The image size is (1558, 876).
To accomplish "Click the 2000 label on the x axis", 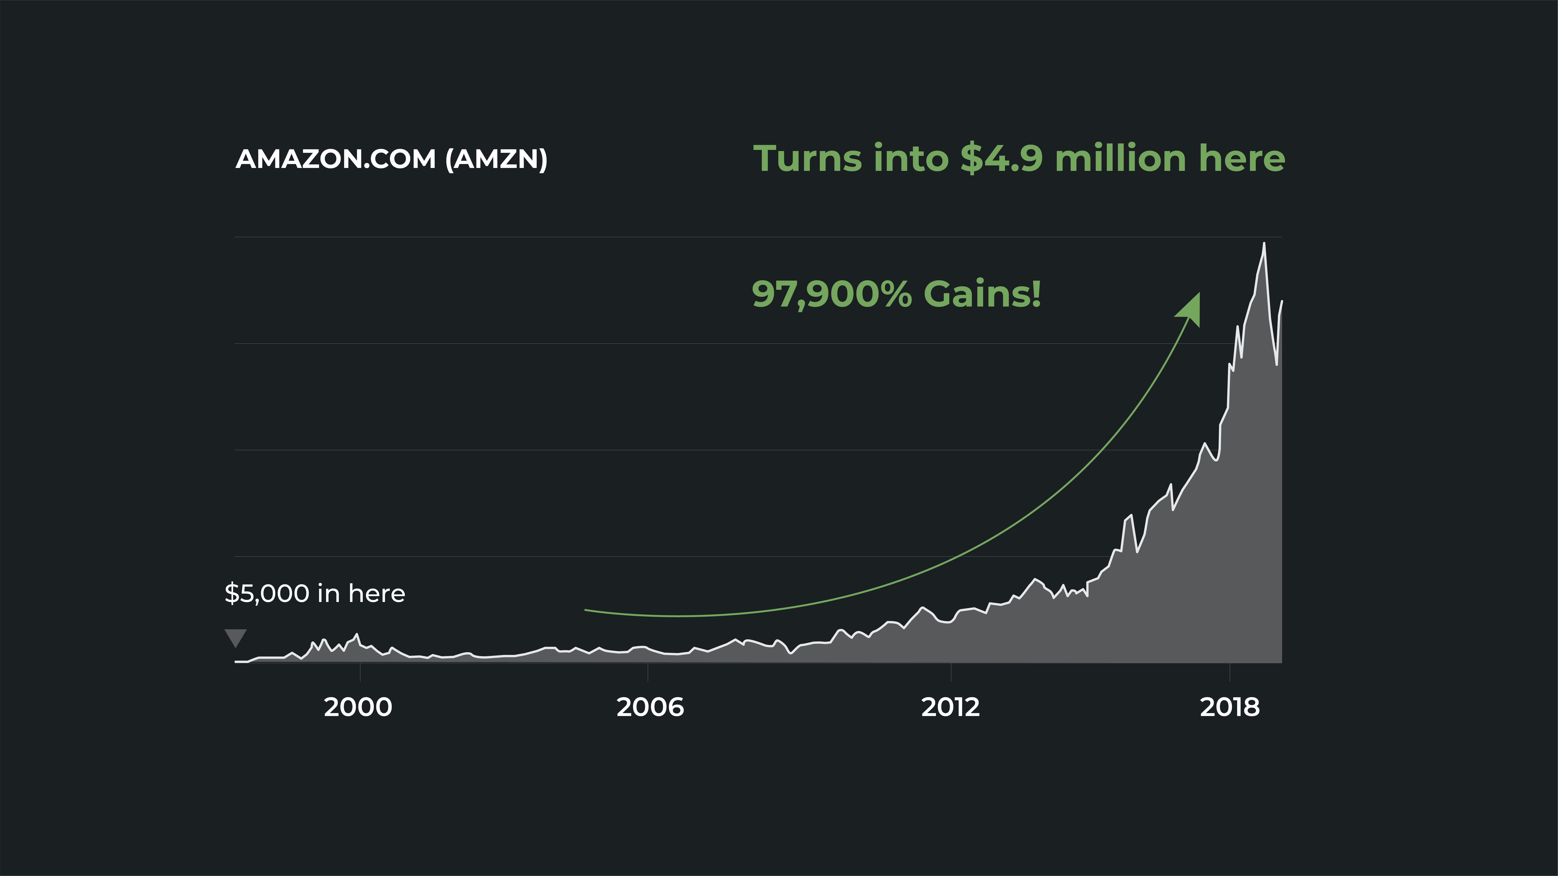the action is click(x=358, y=707).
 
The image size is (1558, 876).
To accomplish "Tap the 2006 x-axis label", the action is click(x=650, y=707).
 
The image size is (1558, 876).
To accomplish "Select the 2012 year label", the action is click(x=950, y=707).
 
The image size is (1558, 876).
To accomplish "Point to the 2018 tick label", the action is click(x=1229, y=707).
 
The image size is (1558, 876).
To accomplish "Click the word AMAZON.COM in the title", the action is click(x=336, y=159).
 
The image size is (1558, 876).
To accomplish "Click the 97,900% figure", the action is click(x=832, y=294).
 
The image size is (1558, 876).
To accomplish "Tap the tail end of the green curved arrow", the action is click(x=585, y=610).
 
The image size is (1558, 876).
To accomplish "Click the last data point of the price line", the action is click(x=1282, y=301).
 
